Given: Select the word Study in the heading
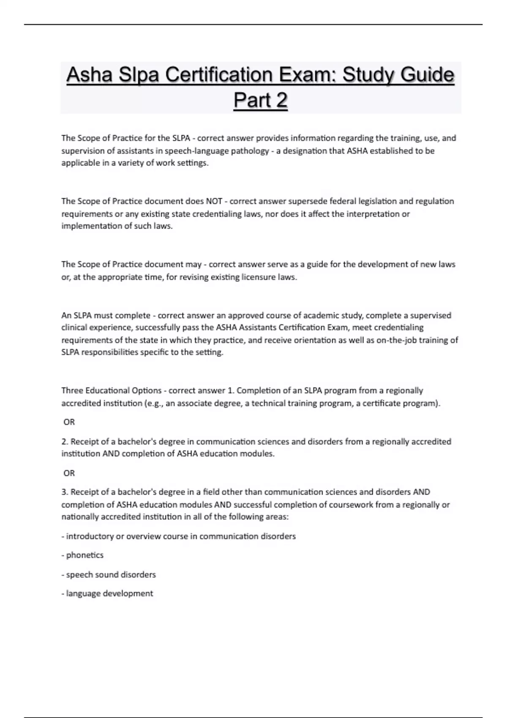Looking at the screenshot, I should point(368,75).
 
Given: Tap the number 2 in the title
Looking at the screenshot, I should point(281,101).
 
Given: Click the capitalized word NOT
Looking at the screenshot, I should point(214,201).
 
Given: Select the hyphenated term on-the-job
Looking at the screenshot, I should point(395,340).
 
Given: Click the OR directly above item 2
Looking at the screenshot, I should point(69,422).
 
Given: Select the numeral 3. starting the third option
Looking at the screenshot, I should point(65,492).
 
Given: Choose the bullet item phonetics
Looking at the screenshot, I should point(84,555).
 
